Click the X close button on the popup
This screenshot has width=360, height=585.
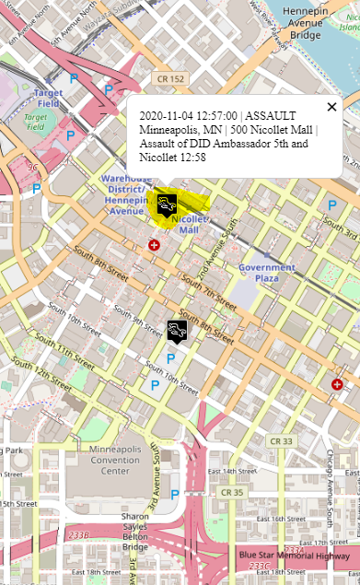tap(331, 107)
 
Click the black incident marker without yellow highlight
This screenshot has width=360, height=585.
tap(175, 329)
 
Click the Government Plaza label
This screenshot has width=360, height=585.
tap(266, 273)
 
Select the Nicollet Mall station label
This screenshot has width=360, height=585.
tap(189, 224)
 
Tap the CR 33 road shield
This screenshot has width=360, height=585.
tap(280, 441)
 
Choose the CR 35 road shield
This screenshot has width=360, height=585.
tap(231, 493)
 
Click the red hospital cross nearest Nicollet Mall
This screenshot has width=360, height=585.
tap(155, 245)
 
